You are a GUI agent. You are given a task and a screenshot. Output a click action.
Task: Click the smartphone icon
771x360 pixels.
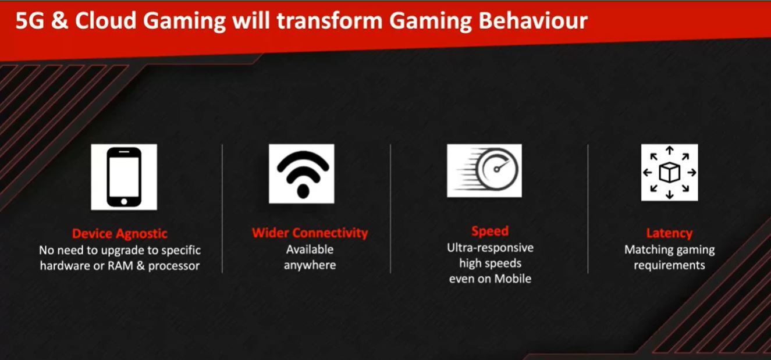124,177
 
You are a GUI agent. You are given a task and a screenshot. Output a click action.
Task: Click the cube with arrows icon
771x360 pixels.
670,172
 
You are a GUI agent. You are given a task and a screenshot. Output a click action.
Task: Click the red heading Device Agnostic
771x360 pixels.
120,234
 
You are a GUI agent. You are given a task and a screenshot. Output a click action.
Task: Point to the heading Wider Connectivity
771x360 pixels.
310,233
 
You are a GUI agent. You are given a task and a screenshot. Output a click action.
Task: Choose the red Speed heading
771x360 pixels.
490,231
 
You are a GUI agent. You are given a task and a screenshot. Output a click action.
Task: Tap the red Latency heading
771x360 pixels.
669,233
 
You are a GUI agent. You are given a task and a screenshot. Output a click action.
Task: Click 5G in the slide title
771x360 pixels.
30,21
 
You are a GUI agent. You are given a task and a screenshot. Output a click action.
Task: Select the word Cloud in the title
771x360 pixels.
106,21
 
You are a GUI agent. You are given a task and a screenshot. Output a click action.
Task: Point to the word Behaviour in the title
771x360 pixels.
533,21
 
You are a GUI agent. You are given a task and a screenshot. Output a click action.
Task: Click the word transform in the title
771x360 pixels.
330,21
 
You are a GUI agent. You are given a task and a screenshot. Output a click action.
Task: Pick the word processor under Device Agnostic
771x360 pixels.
174,266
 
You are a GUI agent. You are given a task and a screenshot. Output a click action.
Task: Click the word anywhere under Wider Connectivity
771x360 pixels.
310,265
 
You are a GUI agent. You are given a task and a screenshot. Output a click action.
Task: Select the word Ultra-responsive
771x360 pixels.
490,248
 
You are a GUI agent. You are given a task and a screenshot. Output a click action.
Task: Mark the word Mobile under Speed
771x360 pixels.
513,279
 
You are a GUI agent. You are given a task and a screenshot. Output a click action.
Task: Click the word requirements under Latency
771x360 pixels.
670,265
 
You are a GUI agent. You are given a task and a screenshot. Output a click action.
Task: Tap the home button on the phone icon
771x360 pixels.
124,201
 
